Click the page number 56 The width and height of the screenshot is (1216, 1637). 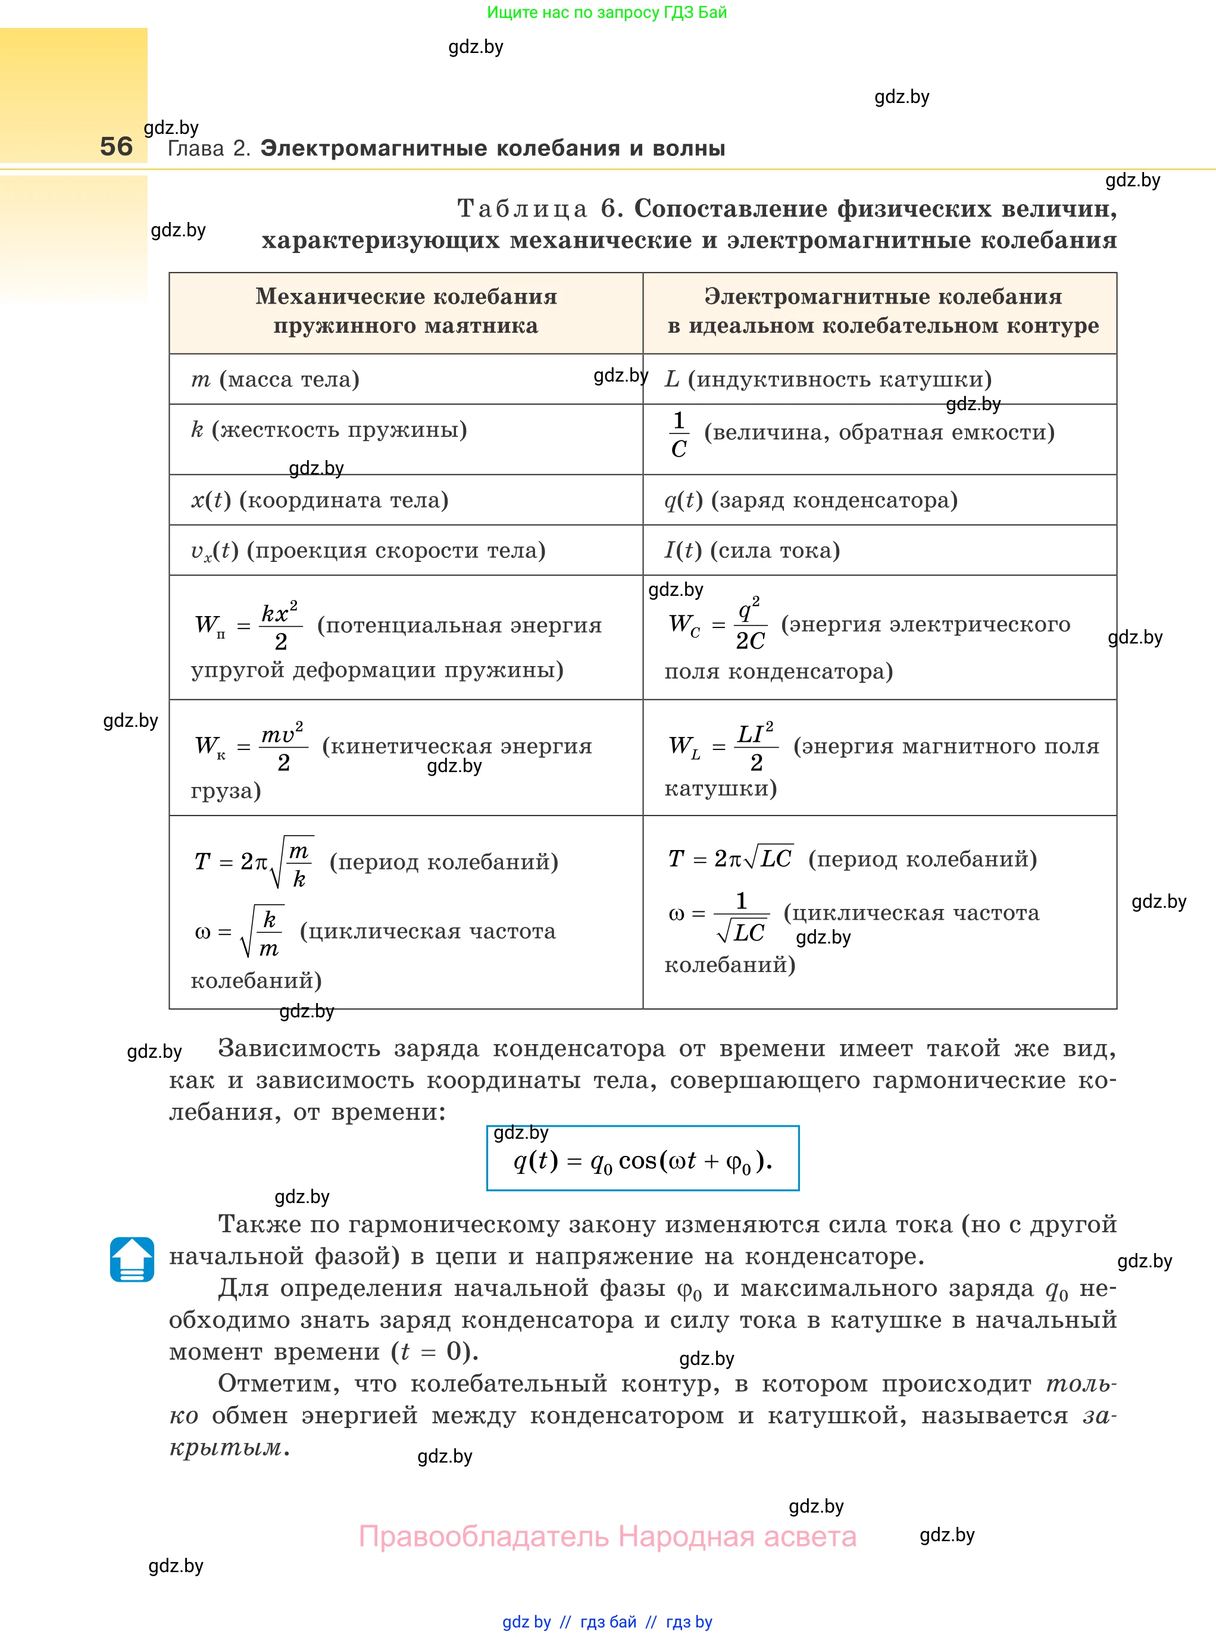click(116, 146)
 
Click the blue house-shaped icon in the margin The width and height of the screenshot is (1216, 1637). click(132, 1260)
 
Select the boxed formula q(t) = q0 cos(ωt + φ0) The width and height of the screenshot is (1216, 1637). click(643, 1161)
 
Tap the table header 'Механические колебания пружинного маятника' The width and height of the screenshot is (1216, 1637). click(405, 311)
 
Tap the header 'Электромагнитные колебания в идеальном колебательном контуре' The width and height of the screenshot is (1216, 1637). click(883, 311)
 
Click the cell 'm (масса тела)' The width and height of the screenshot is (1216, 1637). click(276, 379)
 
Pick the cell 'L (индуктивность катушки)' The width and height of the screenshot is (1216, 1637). click(828, 379)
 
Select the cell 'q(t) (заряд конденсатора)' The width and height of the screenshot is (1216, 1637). click(811, 500)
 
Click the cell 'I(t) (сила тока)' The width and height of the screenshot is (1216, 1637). click(752, 550)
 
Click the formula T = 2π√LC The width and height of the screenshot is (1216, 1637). click(730, 858)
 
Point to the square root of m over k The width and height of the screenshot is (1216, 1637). click(292, 862)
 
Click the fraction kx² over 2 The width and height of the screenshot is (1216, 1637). click(280, 626)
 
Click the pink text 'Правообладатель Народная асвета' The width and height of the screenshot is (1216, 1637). click(607, 1536)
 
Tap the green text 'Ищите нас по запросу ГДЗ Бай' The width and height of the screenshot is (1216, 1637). click(607, 13)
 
